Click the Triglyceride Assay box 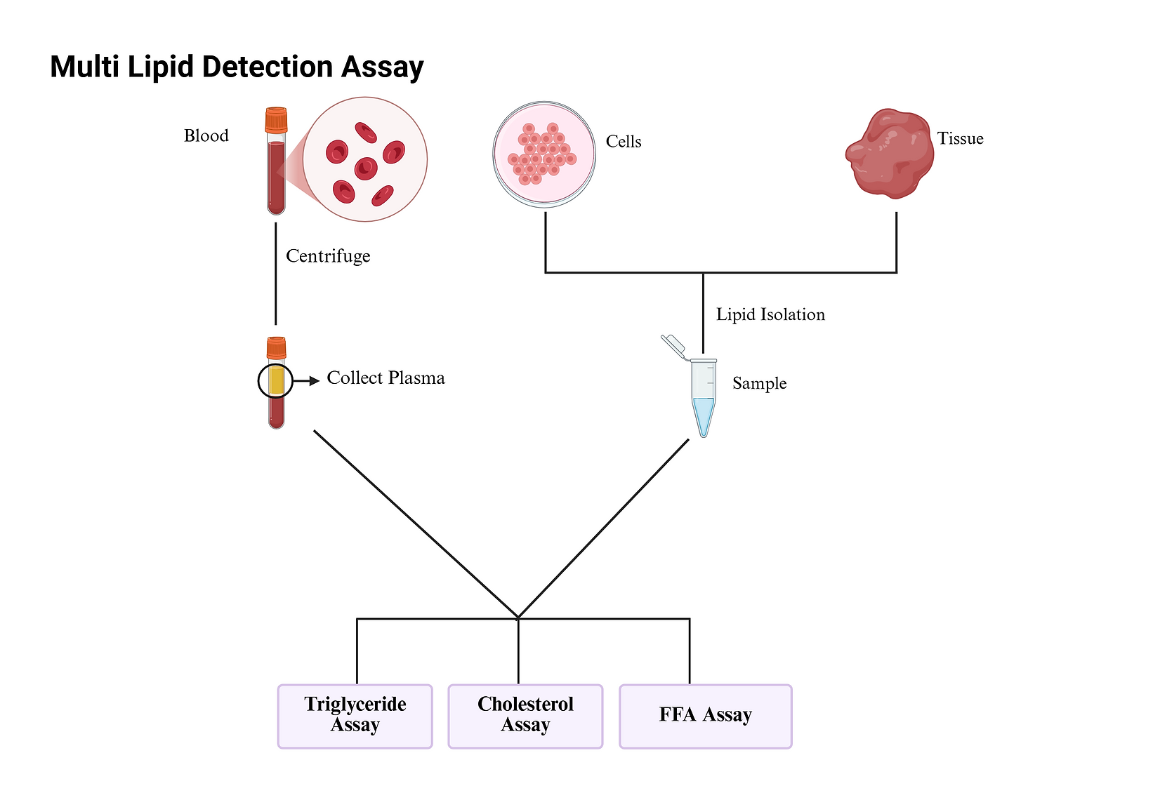[x=355, y=715]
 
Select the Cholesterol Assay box [x=525, y=715]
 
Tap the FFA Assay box [x=705, y=715]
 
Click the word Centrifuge [x=328, y=256]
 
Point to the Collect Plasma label [x=386, y=378]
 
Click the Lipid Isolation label [x=770, y=314]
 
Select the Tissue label [x=960, y=139]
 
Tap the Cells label [x=623, y=142]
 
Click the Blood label [x=206, y=136]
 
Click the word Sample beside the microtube [x=759, y=384]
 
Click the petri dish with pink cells [x=544, y=154]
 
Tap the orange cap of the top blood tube [x=276, y=120]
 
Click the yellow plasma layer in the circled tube [x=276, y=380]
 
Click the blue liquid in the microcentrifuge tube [x=703, y=414]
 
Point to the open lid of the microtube [x=673, y=345]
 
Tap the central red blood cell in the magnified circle [x=366, y=168]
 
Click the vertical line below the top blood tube [x=275, y=274]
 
